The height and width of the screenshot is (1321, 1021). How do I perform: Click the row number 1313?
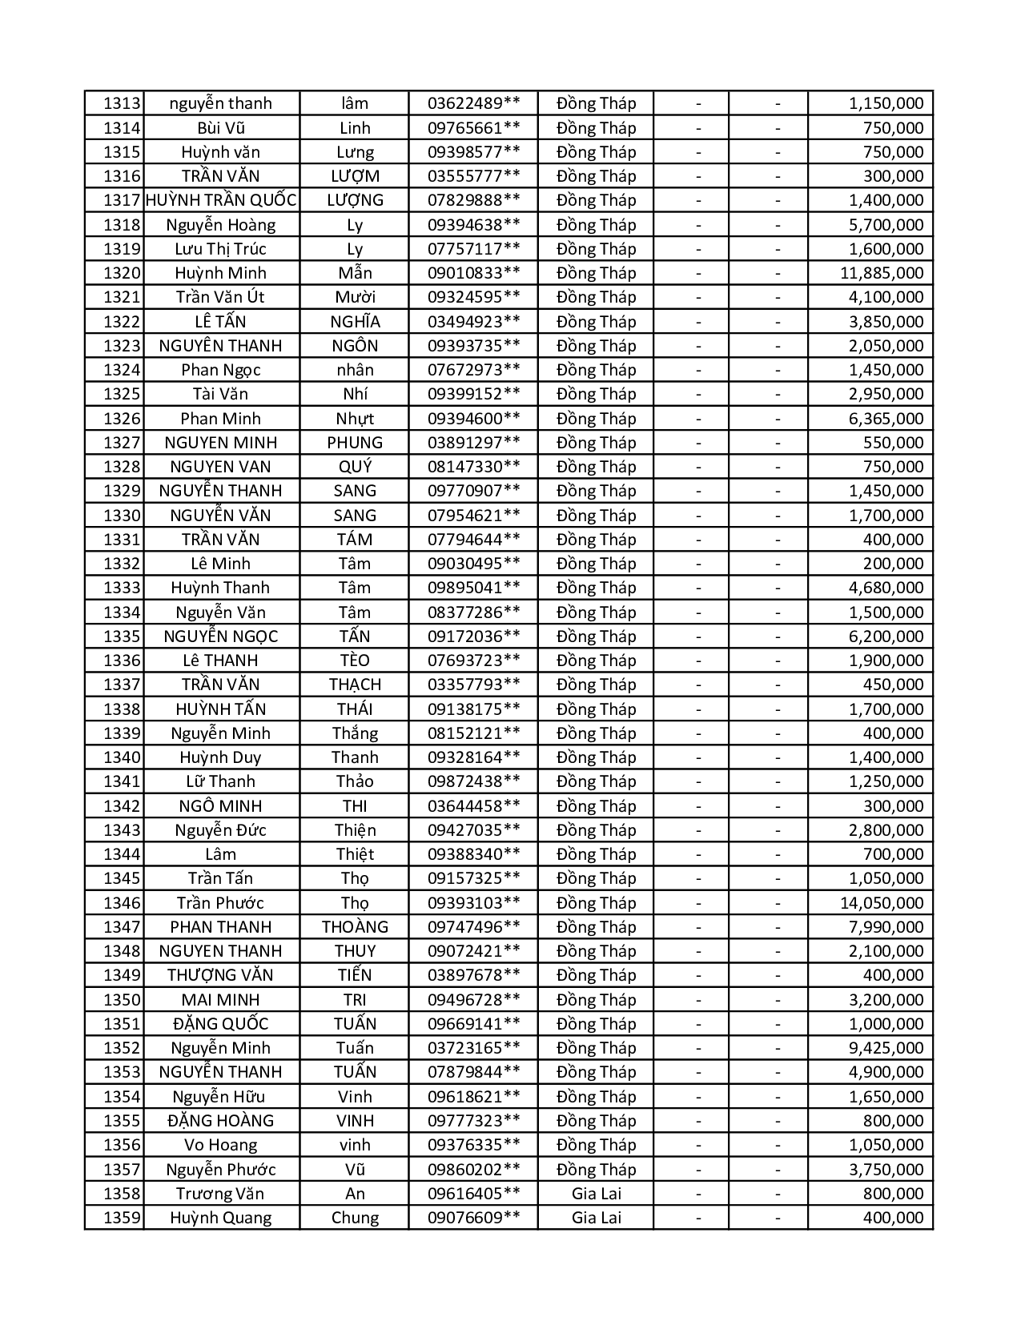[122, 103]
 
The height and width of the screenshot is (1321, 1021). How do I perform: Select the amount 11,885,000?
[881, 273]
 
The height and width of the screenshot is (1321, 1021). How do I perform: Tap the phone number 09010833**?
[473, 273]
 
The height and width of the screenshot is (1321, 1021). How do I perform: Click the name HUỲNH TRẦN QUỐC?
[221, 200]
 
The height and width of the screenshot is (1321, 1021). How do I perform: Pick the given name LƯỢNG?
[355, 200]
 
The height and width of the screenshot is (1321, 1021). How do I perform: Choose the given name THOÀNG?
[355, 927]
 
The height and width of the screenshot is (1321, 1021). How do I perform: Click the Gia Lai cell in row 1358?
[596, 1194]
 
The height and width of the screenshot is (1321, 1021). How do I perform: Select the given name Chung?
[355, 1218]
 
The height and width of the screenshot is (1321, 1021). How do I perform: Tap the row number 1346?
[122, 903]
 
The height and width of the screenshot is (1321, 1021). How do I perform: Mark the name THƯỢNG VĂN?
[220, 975]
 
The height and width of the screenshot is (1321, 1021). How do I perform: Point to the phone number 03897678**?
[473, 975]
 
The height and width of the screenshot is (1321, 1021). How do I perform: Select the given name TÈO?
[355, 660]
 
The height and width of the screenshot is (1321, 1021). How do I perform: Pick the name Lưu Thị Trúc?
[220, 249]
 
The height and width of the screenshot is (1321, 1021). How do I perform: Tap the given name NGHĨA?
[355, 322]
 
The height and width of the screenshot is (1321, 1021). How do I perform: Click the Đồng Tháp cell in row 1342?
[596, 806]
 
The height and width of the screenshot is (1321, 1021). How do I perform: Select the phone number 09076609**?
[473, 1218]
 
